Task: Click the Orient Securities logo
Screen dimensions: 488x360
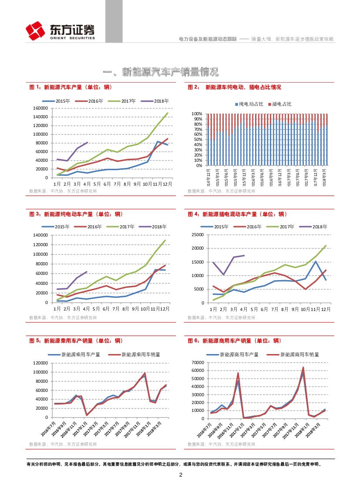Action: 60,31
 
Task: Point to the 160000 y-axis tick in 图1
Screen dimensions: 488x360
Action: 40,108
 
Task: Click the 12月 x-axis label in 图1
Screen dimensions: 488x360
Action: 167,184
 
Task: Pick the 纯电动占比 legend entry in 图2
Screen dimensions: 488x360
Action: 251,104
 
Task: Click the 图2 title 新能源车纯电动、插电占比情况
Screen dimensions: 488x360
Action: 243,87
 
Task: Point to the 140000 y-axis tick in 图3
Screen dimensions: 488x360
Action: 40,235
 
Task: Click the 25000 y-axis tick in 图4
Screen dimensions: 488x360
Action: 198,235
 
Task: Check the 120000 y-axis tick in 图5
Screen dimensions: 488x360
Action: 40,363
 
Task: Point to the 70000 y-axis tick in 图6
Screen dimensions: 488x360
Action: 198,362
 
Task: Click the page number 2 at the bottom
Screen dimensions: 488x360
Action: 180,475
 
